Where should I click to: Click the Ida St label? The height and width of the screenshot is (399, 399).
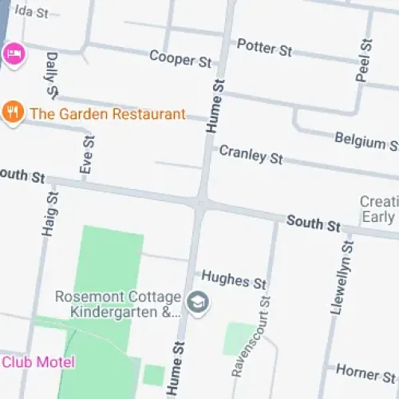point(32,13)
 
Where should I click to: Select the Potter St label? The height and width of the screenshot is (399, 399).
point(265,49)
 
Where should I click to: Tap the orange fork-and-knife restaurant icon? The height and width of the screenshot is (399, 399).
point(12,113)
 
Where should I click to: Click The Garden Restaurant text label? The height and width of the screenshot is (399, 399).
point(108,113)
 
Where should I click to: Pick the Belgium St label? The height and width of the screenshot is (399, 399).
point(366,141)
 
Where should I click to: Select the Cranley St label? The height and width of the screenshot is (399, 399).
point(251,154)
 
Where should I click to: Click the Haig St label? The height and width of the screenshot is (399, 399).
point(49,213)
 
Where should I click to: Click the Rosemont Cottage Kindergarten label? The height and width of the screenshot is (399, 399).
point(118,304)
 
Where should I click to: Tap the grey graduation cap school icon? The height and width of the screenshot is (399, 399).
point(198,302)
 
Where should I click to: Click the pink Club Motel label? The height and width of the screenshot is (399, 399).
point(38,362)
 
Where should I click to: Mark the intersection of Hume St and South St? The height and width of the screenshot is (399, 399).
point(199,203)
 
